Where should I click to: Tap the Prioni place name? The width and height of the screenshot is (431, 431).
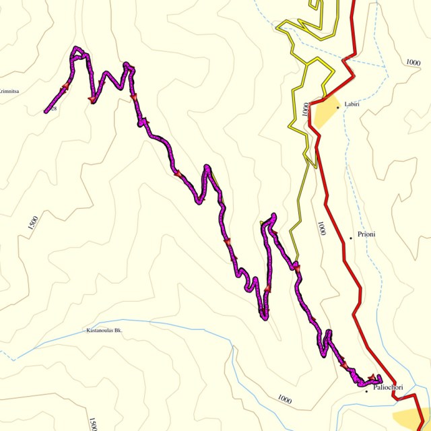tap(366, 234)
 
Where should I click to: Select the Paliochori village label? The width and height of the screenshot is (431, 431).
tap(387, 387)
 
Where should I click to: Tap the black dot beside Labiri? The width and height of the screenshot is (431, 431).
tap(338, 107)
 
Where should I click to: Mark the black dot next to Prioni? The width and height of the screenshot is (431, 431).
tap(351, 238)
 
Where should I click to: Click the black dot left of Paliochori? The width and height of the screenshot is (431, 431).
tap(366, 391)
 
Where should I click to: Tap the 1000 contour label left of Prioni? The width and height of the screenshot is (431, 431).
tap(322, 228)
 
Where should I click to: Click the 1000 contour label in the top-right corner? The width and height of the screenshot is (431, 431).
tap(413, 62)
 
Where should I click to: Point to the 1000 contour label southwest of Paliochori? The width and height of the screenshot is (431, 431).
tap(284, 400)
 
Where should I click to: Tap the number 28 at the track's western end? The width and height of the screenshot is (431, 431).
tap(52, 108)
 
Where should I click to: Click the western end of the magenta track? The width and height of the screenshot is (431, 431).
tap(46, 110)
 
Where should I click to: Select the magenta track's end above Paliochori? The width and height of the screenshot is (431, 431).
tap(379, 377)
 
